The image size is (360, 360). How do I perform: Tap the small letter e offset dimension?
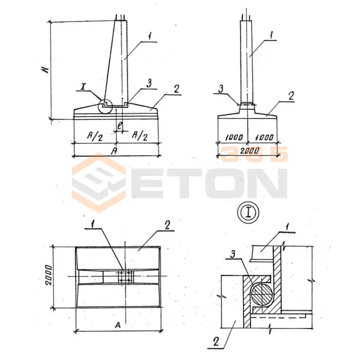coord(120,126)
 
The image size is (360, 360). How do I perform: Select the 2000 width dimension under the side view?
coord(250,151)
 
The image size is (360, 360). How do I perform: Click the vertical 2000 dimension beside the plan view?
coord(49,275)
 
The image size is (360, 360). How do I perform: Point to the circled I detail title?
coord(248,213)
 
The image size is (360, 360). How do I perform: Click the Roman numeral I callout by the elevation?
coord(83,86)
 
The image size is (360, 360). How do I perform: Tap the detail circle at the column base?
coord(105,106)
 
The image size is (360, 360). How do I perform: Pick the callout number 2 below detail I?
coord(216,342)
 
